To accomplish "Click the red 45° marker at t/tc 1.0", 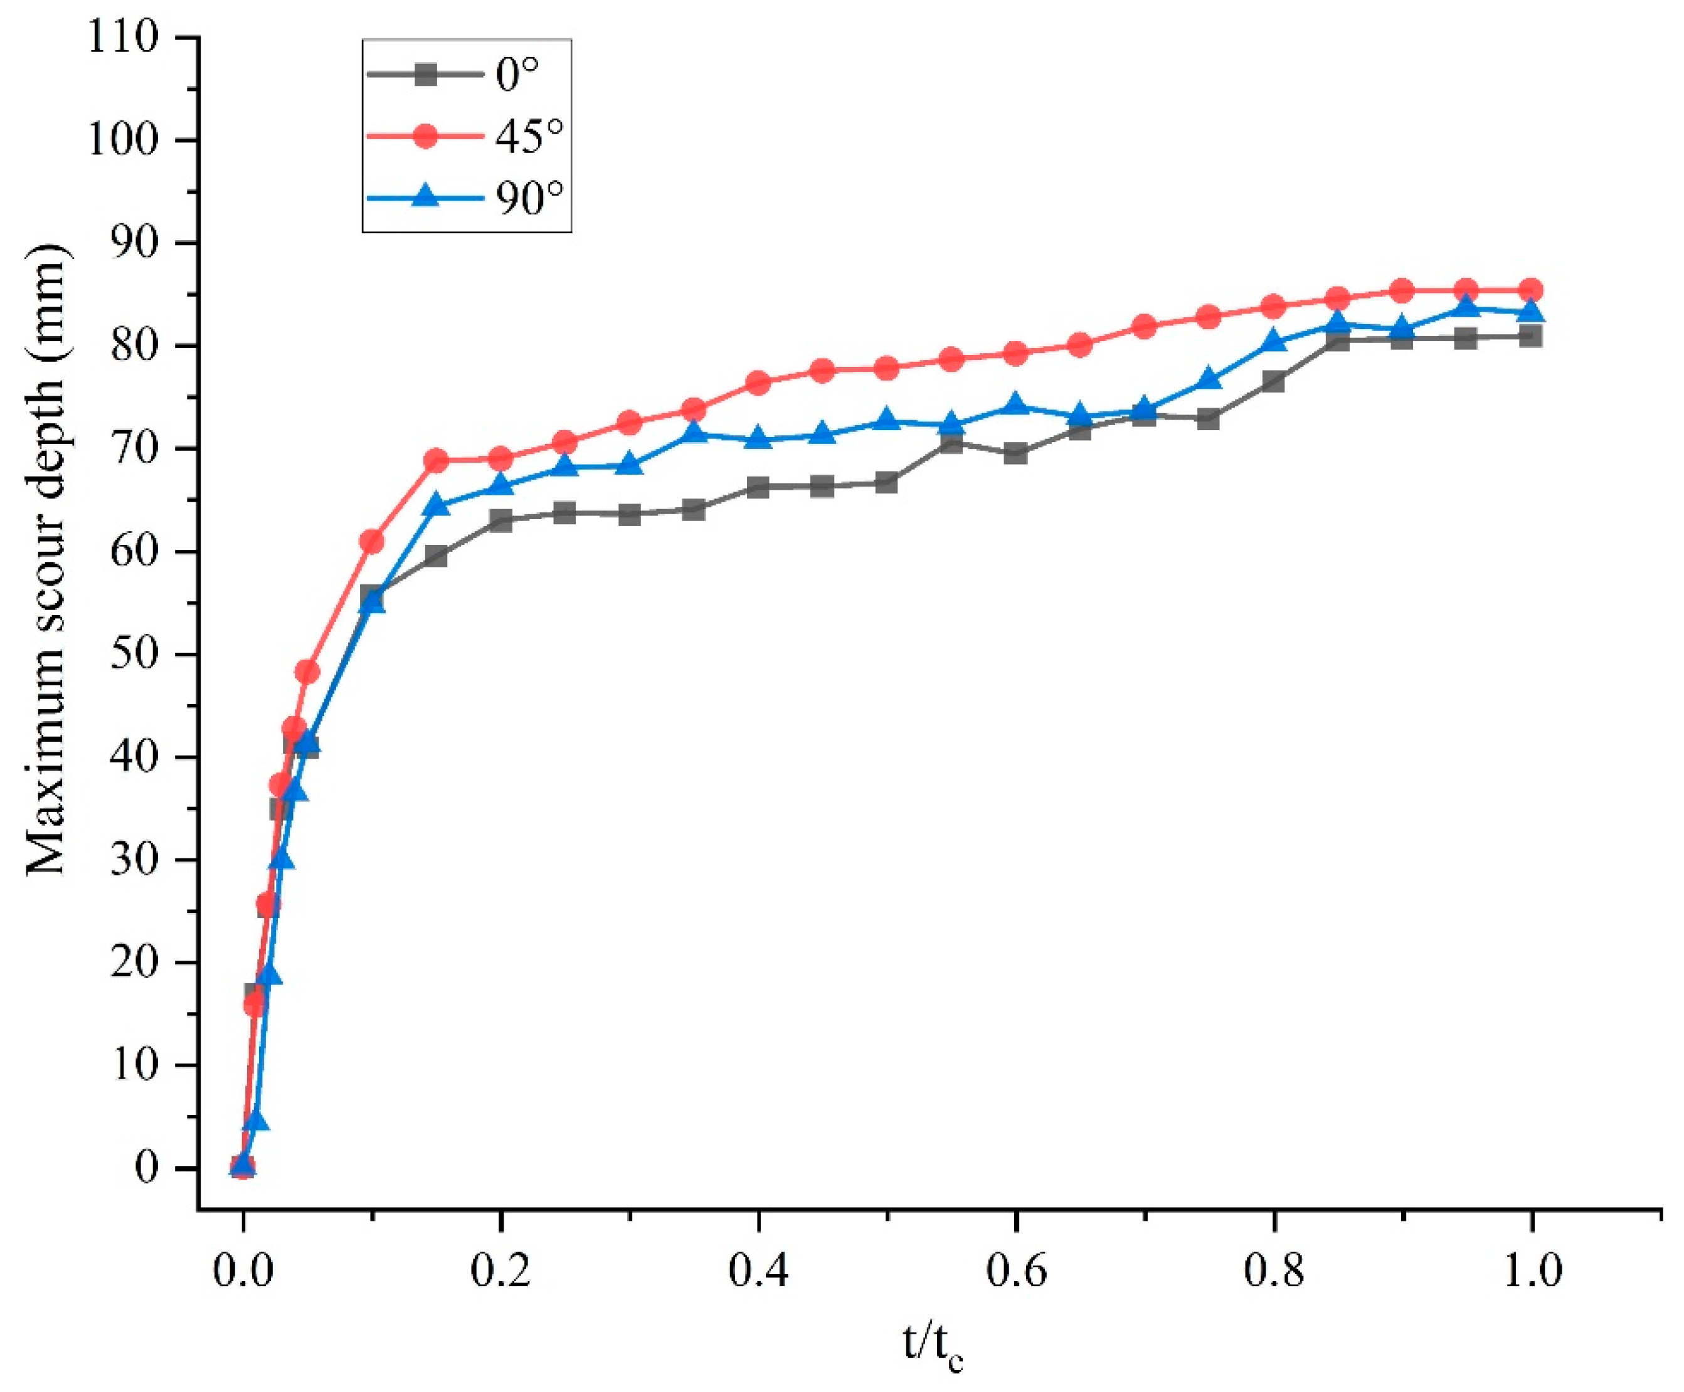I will (x=1531, y=290).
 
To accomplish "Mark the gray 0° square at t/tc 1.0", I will (x=1531, y=336).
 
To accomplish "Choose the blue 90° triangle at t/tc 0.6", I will (x=1016, y=405).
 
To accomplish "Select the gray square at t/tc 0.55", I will (x=951, y=442).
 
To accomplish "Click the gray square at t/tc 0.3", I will (x=630, y=514).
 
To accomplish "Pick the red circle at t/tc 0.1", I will (x=371, y=542).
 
